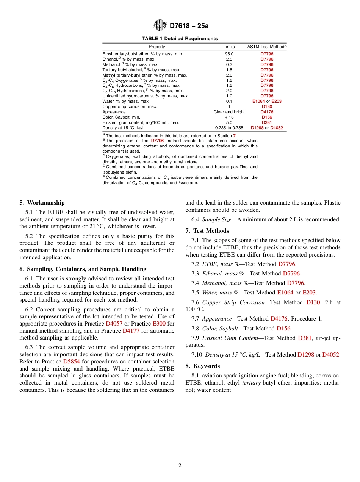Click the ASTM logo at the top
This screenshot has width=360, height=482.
pyautogui.click(x=160, y=25)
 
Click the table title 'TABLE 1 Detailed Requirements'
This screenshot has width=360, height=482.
pyautogui.click(x=180, y=39)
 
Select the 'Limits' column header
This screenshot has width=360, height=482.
pyautogui.click(x=229, y=47)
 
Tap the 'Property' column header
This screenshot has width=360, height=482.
pyautogui.click(x=157, y=47)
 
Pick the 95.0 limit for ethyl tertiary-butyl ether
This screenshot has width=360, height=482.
pyautogui.click(x=229, y=54)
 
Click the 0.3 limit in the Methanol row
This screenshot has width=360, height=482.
pyautogui.click(x=229, y=64)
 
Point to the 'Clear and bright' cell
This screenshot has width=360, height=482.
pyautogui.click(x=229, y=112)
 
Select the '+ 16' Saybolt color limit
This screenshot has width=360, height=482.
pyautogui.click(x=229, y=117)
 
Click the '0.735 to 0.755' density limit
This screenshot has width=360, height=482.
pyautogui.click(x=229, y=128)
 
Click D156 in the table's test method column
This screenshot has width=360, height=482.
pyautogui.click(x=267, y=117)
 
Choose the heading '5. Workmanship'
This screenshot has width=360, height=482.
pyautogui.click(x=42, y=203)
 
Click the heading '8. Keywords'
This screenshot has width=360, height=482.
pyautogui.click(x=202, y=366)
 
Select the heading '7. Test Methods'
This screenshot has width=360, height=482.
pyautogui.click(x=207, y=231)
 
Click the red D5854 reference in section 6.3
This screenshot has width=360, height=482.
pyautogui.click(x=71, y=361)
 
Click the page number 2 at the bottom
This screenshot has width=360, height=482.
pyautogui.click(x=180, y=466)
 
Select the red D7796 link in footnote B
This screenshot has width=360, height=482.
pyautogui.click(x=157, y=141)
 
